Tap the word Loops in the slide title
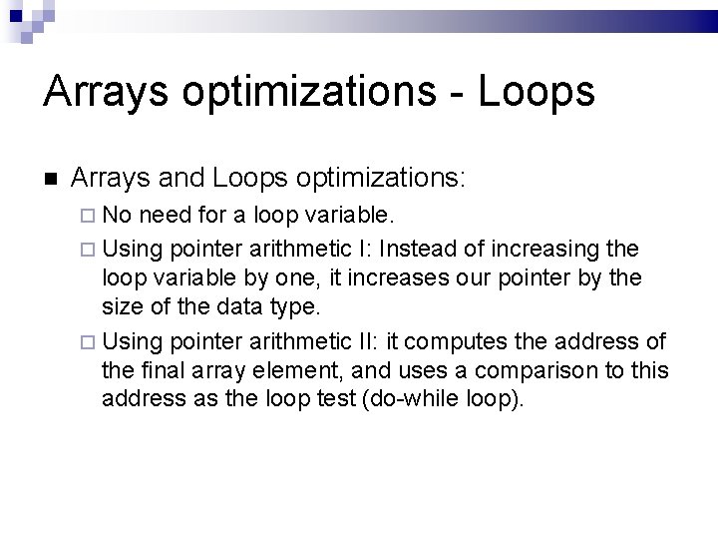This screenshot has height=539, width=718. [x=537, y=91]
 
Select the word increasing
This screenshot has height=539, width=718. [x=565, y=248]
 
